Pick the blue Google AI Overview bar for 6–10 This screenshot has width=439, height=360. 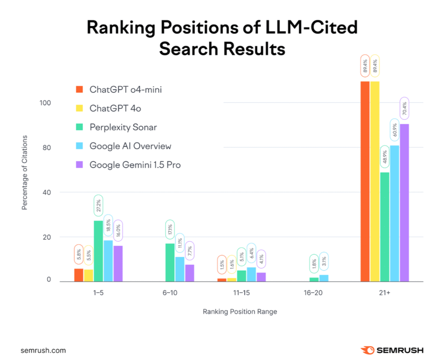pyautogui.click(x=180, y=269)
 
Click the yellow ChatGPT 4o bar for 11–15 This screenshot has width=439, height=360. pyautogui.click(x=232, y=280)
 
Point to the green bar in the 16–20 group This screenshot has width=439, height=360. pyautogui.click(x=314, y=280)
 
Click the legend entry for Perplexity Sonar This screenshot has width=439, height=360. pyautogui.click(x=123, y=127)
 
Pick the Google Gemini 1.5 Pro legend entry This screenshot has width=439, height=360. pyautogui.click(x=135, y=165)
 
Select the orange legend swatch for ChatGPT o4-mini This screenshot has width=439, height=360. pyautogui.click(x=79, y=90)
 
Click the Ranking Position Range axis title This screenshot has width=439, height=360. pyautogui.click(x=240, y=312)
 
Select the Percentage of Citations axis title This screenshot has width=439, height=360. pyautogui.click(x=24, y=172)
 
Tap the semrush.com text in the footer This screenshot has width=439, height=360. pyautogui.click(x=43, y=351)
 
